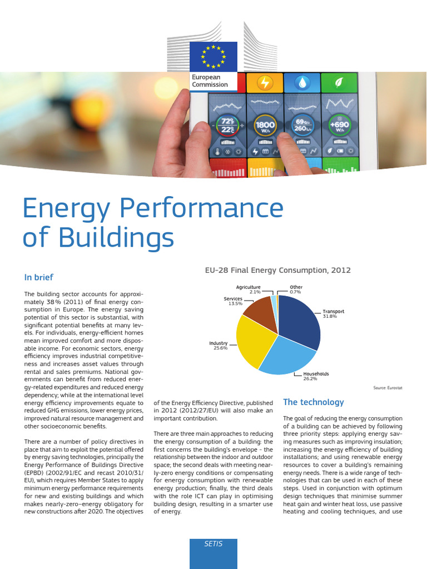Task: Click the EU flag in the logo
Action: tap(213, 56)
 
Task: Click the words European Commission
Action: tap(210, 81)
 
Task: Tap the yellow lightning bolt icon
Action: tap(265, 83)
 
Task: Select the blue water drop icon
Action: tap(302, 83)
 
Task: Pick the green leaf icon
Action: tap(339, 83)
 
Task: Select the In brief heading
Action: tap(39, 277)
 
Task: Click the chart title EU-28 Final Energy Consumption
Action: tap(279, 270)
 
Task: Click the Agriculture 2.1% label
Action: tap(248, 290)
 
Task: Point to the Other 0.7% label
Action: tap(296, 290)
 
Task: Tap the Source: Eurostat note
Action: tap(387, 388)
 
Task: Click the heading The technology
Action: tap(314, 402)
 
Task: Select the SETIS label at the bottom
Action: tap(213, 544)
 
